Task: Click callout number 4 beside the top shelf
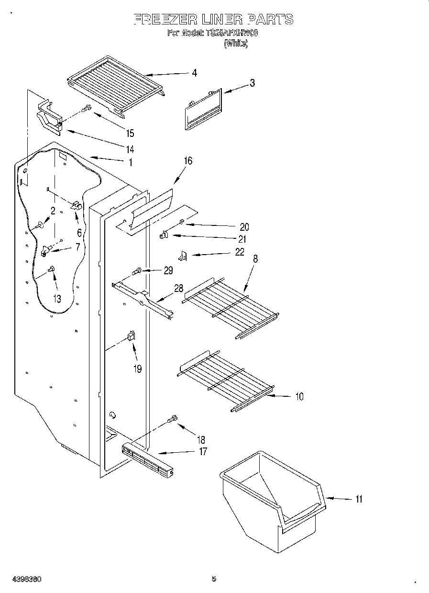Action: [194, 73]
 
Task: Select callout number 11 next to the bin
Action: [358, 499]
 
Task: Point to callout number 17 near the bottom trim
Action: [203, 451]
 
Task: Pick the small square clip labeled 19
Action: [131, 336]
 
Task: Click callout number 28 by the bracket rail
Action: [178, 288]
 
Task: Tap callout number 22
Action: [239, 252]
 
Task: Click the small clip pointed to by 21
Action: [163, 235]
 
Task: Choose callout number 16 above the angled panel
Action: [188, 161]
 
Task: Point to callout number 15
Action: [130, 134]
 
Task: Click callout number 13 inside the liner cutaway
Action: [57, 299]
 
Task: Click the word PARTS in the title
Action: [270, 20]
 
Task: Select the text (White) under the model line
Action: [235, 43]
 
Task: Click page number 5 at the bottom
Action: [214, 579]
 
